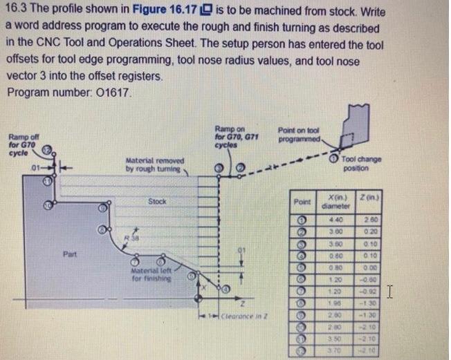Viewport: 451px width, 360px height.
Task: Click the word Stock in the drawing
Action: point(157,202)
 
